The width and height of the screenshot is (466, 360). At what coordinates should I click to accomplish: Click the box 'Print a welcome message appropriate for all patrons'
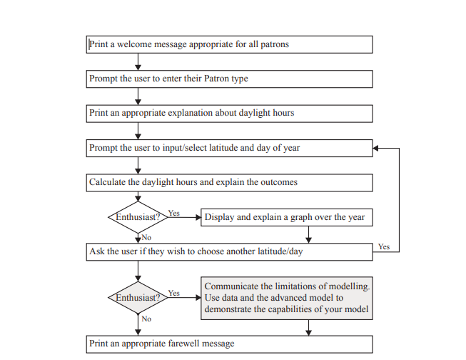[x=229, y=44]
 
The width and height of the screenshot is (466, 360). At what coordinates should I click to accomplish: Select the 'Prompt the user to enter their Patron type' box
[x=229, y=79]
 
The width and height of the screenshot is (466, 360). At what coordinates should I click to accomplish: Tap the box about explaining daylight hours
[x=229, y=113]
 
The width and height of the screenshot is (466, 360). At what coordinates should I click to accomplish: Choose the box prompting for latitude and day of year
[x=229, y=148]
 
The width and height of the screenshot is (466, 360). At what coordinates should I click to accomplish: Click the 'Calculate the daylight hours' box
[x=229, y=182]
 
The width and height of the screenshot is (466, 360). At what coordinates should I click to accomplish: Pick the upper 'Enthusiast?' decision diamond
[x=138, y=217]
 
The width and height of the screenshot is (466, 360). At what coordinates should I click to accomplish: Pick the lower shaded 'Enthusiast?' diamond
[x=138, y=297]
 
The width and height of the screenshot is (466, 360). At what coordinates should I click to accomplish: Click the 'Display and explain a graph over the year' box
[x=287, y=217]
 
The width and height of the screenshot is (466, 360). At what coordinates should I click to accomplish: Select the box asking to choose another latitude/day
[x=229, y=251]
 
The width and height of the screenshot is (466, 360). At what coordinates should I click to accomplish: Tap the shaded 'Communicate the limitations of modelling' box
[x=287, y=298]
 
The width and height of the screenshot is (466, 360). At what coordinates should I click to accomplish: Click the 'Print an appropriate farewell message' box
[x=229, y=344]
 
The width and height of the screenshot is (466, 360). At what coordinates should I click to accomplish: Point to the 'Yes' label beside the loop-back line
[x=384, y=246]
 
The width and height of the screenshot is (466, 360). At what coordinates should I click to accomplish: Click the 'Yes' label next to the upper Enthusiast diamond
[x=173, y=213]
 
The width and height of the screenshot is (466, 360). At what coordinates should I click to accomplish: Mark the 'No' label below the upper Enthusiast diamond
[x=146, y=236]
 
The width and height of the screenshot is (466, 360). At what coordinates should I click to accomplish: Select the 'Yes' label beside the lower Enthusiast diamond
[x=173, y=293]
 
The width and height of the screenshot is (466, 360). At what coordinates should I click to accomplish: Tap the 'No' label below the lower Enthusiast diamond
[x=146, y=319]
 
